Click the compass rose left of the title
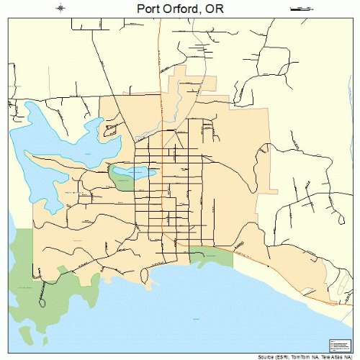60,9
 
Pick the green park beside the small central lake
119,177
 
